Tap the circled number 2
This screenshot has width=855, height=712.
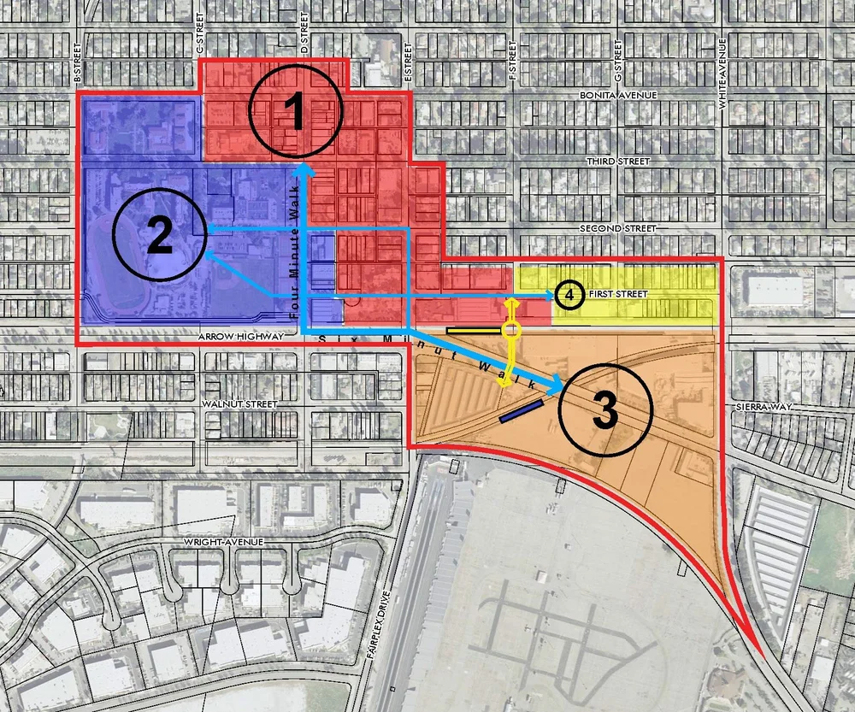point(159,235)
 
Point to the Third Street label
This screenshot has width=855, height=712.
point(618,161)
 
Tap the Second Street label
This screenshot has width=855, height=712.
point(617,228)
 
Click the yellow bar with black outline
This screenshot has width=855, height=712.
point(473,330)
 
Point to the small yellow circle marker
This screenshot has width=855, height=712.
point(511,329)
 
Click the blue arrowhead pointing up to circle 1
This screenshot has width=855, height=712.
point(303,171)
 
